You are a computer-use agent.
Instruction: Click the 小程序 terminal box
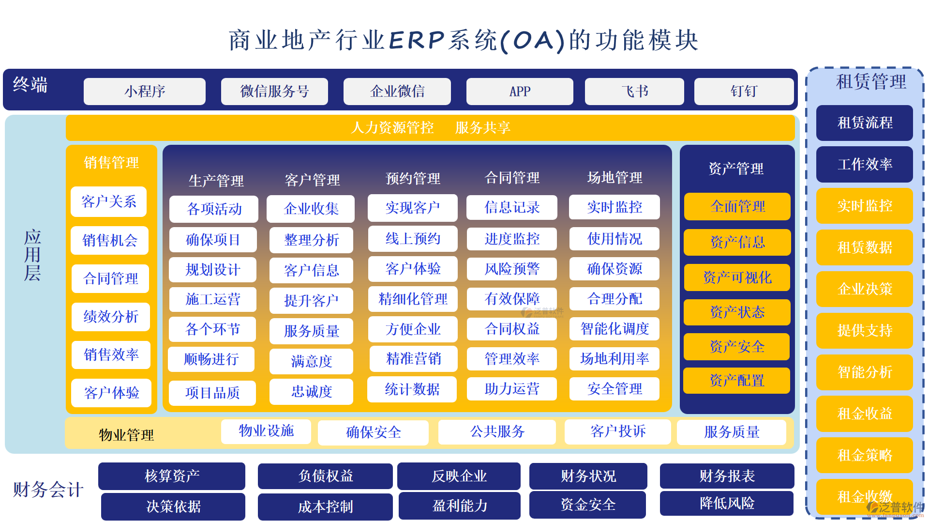coord(144,92)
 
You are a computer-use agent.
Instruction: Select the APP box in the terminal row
coord(520,92)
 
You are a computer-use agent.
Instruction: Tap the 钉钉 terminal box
coord(744,92)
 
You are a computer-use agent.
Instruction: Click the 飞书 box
coord(634,92)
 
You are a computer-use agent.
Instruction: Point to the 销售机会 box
coord(110,240)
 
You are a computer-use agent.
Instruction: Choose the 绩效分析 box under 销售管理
coord(111,317)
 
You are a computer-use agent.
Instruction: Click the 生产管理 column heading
coord(216,181)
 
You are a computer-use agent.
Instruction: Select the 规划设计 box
coord(212,270)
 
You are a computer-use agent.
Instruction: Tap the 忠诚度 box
coord(311,391)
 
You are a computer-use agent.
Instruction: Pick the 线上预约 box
coord(413,239)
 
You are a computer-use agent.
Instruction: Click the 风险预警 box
coord(512,269)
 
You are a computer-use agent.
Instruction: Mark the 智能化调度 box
coord(614,329)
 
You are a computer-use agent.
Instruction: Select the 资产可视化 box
coord(737,277)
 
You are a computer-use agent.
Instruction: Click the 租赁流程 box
coord(865,123)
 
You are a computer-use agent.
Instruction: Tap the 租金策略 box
coord(865,455)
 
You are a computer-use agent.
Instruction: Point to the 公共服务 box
coord(497,431)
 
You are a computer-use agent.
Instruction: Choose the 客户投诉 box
coord(618,431)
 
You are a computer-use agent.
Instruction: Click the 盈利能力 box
coord(460,506)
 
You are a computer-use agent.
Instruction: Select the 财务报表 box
coord(727,476)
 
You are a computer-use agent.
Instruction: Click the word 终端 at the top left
coord(30,85)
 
